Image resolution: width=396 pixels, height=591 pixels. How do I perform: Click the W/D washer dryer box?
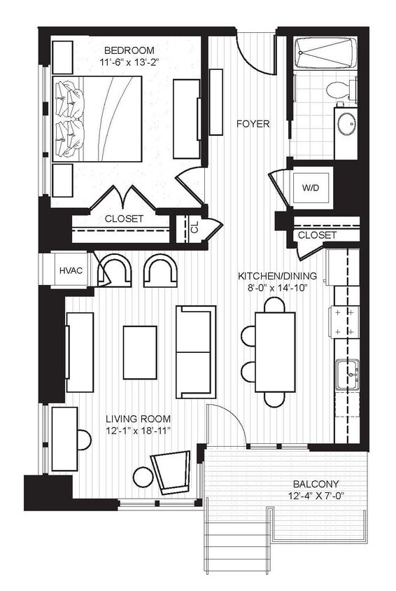(x=311, y=188)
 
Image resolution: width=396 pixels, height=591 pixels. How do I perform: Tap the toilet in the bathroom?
(x=339, y=90)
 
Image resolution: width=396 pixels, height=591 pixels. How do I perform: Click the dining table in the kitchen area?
(x=275, y=352)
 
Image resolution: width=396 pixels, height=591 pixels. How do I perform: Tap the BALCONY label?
(x=316, y=484)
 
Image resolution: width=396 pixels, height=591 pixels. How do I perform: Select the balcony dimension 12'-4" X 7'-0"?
(x=316, y=496)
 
